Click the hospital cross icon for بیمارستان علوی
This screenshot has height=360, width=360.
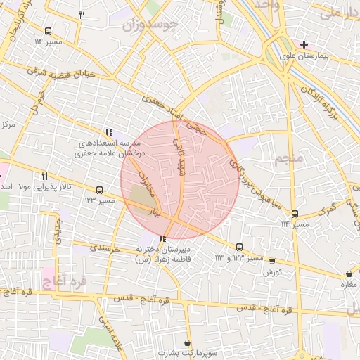[303, 44]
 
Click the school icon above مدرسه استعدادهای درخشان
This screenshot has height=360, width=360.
[108, 131]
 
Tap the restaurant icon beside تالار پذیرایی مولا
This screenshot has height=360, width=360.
[44, 175]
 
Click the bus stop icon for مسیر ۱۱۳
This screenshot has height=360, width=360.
[99, 190]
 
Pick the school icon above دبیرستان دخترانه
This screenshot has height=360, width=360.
[163, 239]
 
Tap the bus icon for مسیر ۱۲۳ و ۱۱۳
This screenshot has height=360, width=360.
[240, 247]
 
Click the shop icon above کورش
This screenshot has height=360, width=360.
[272, 261]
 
